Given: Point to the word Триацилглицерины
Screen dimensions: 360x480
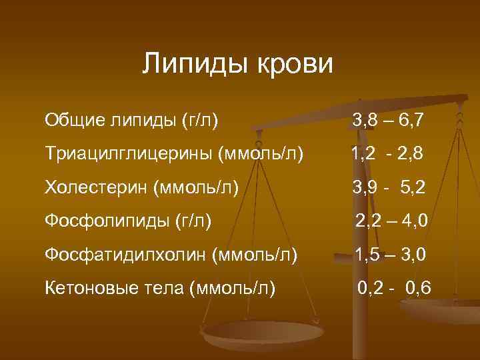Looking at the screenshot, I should coord(127,154).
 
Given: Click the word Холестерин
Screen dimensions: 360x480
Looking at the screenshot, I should coord(95,187).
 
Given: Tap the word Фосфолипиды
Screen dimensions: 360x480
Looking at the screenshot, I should coord(106,221).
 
